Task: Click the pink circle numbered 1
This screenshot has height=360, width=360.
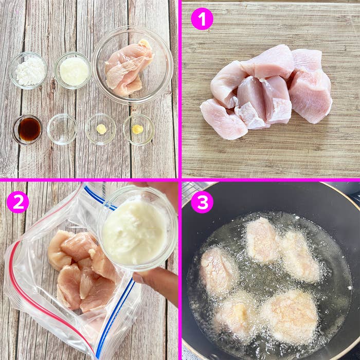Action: (x=202, y=19)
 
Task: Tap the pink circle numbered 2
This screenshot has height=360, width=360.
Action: (x=18, y=202)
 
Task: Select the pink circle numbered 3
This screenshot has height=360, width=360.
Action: (x=202, y=202)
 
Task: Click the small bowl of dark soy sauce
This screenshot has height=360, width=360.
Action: (x=28, y=130)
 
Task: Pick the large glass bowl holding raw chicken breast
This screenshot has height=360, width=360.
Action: (x=133, y=65)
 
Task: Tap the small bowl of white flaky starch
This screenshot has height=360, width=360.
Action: (x=28, y=70)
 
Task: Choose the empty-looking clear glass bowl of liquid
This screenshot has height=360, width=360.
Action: (x=62, y=129)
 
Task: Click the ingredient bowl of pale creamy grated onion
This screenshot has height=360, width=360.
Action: (x=73, y=70)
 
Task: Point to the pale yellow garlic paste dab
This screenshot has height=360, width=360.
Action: (x=101, y=129)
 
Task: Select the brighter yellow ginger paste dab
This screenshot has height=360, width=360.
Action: (x=137, y=129)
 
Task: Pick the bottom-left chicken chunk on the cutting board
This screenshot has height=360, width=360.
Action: (x=223, y=119)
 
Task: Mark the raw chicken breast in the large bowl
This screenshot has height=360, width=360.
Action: (x=129, y=68)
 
